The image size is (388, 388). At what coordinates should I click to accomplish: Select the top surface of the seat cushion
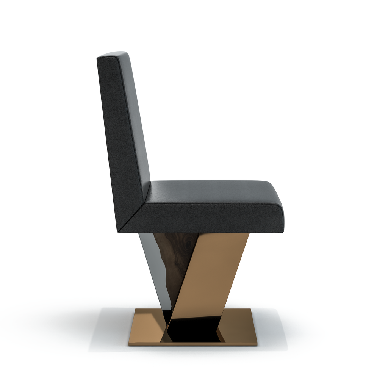[212, 188]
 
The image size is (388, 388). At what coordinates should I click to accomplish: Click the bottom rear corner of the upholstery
[118, 231]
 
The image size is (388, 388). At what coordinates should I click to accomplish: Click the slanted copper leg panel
[212, 273]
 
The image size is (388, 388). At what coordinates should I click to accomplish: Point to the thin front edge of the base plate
[193, 344]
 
